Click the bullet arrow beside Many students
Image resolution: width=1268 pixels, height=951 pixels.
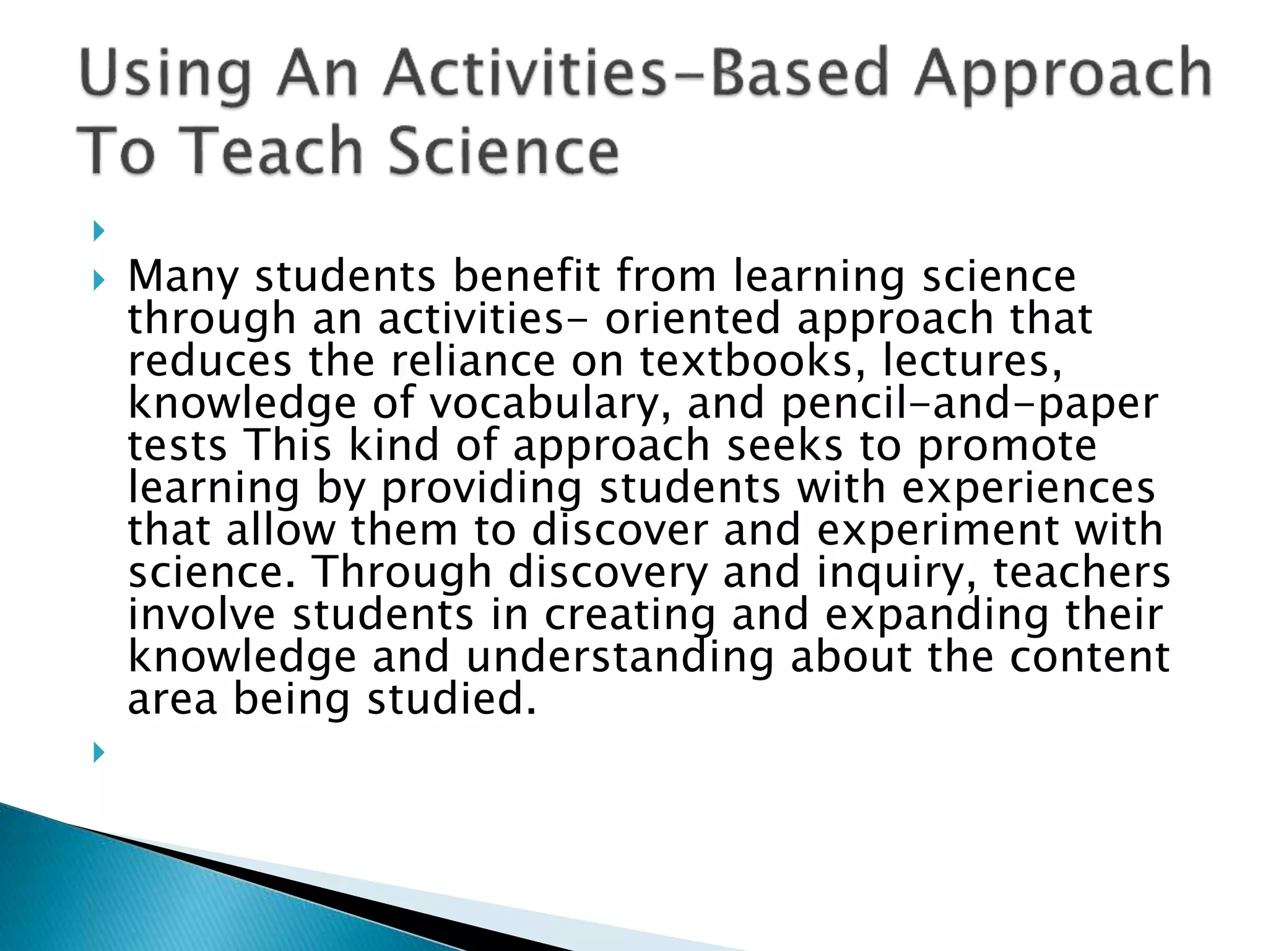(x=98, y=282)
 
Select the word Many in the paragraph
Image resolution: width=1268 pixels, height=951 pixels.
(x=183, y=277)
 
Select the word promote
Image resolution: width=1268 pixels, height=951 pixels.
(x=1007, y=446)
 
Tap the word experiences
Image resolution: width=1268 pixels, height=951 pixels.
(x=1028, y=489)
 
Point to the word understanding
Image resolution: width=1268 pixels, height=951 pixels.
(x=620, y=658)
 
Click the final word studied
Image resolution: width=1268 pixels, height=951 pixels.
(x=451, y=700)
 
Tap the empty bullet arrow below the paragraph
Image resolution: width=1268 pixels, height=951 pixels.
(x=98, y=753)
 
